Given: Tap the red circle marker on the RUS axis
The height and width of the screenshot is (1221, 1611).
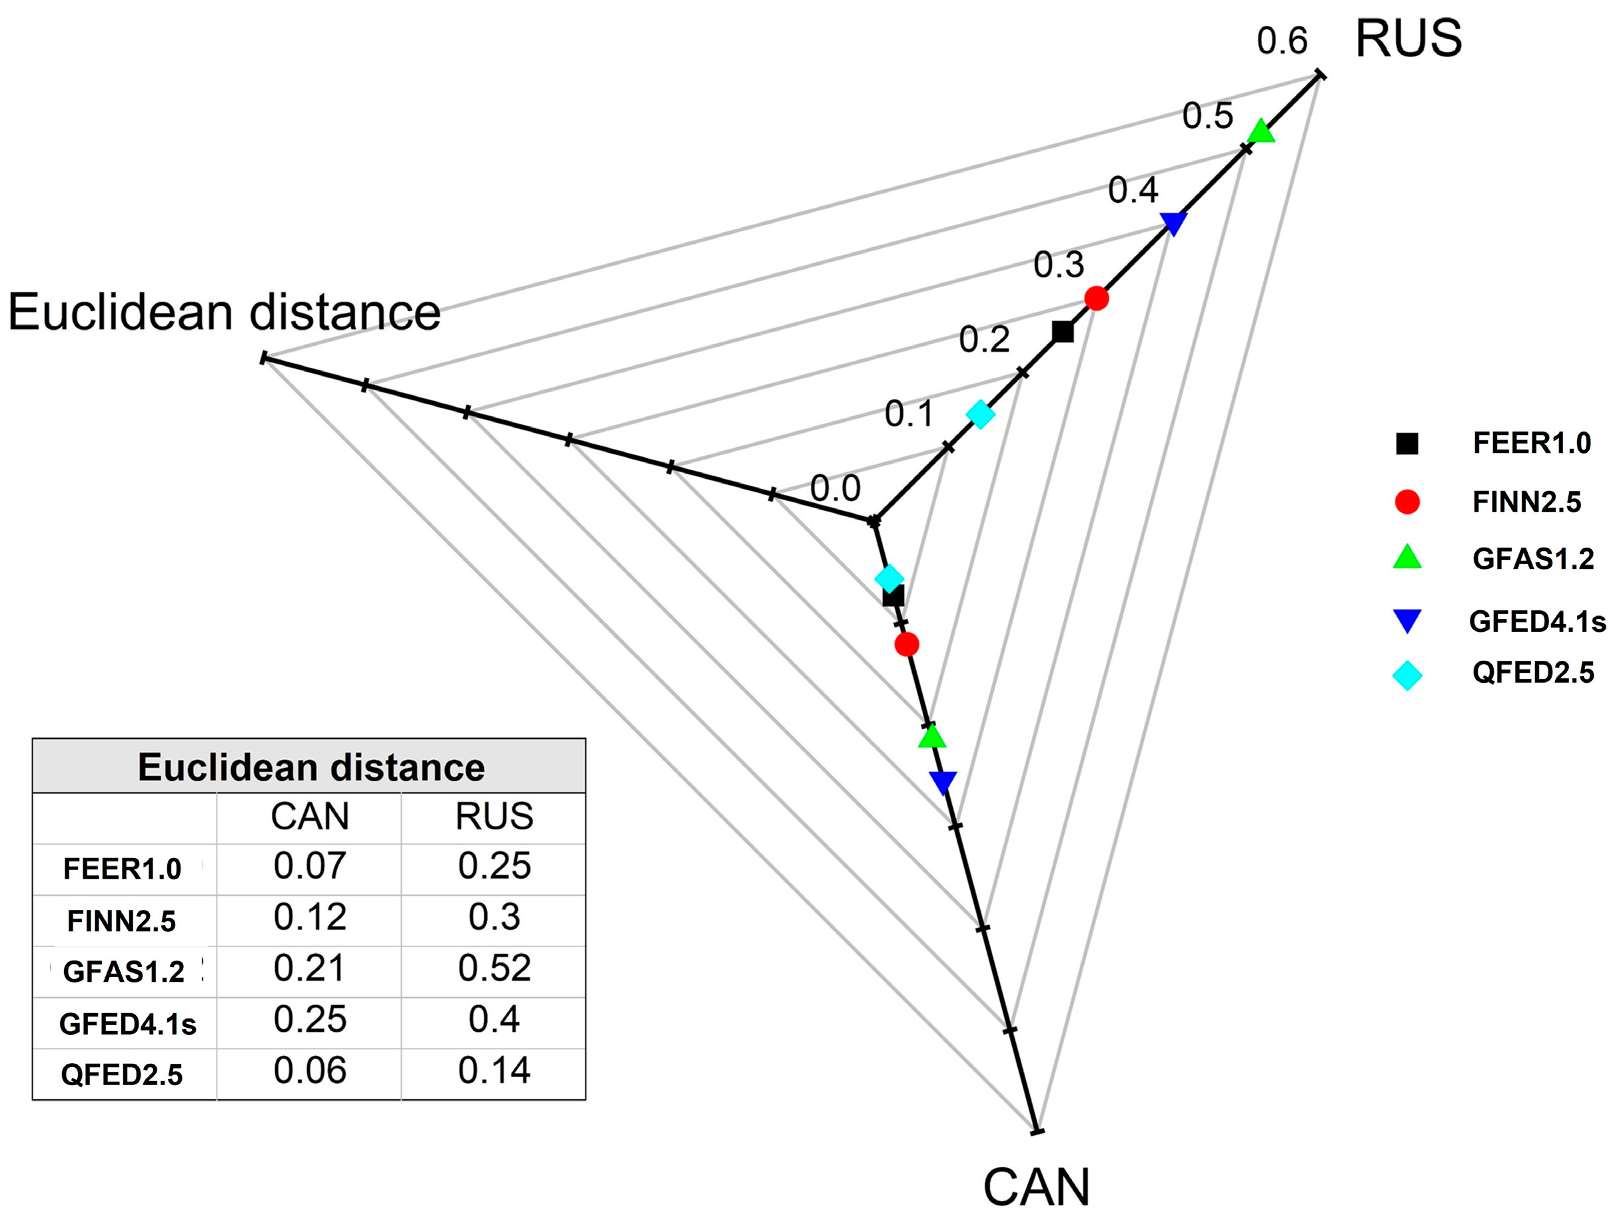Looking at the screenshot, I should tap(1096, 298).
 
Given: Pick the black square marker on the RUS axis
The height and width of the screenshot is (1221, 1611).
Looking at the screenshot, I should tap(1063, 332).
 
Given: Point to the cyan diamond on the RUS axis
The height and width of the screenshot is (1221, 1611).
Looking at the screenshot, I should tap(980, 414).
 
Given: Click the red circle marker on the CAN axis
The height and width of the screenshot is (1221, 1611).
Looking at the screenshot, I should tap(907, 643).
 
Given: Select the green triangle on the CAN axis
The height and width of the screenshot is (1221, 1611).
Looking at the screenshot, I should tap(932, 737).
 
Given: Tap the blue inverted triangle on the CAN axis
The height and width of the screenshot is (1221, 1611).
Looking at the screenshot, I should tap(943, 781).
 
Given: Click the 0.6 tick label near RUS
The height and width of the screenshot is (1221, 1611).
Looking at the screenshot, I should tap(1282, 41).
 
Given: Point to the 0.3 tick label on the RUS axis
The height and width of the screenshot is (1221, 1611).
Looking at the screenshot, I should tap(1058, 265).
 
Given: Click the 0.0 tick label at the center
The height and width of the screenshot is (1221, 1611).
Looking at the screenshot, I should tap(835, 488).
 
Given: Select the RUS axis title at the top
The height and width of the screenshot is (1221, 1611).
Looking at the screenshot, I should tap(1408, 39).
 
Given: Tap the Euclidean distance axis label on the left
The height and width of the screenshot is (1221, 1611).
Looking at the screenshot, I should tap(225, 313).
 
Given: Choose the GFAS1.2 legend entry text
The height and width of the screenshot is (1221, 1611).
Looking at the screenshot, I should tap(1533, 559).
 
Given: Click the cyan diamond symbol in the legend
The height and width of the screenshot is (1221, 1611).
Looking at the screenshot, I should tap(1407, 675).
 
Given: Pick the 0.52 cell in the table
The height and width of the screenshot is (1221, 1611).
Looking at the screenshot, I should tap(494, 969).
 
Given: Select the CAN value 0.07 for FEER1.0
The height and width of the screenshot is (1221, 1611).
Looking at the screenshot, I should tap(310, 867).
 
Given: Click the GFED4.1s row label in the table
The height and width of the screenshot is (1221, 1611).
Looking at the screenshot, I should tap(127, 1024).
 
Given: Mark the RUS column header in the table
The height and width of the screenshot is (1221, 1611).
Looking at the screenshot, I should tap(494, 816).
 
